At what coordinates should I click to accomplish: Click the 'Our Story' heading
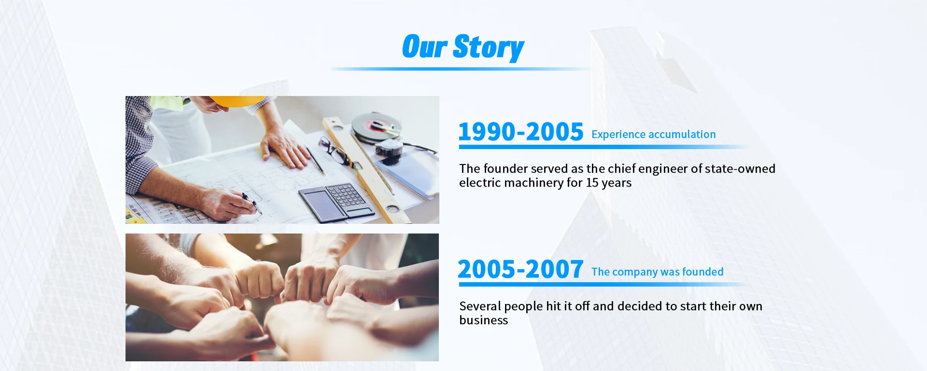click(463, 47)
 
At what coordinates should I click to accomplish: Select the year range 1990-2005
click(521, 132)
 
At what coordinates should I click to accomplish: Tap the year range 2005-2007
click(520, 269)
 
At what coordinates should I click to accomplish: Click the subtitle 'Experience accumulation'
click(654, 135)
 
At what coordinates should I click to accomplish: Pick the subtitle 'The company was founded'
click(658, 272)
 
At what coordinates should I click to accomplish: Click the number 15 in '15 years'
click(592, 183)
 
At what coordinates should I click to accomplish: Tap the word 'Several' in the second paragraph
click(480, 306)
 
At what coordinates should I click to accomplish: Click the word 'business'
click(483, 320)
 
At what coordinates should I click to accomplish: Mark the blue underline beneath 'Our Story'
click(461, 69)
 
